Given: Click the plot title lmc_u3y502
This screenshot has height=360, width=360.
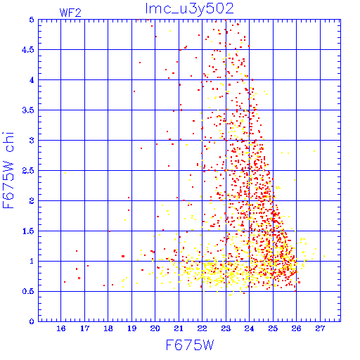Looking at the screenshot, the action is tap(189, 9).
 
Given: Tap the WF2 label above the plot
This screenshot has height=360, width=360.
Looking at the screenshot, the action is tap(70, 13).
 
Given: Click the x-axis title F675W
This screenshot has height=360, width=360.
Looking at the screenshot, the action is tap(190, 345).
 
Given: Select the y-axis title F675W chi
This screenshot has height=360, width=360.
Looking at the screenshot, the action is tap(8, 170).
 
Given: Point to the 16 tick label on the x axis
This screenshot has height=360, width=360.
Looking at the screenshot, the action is tap(61, 328).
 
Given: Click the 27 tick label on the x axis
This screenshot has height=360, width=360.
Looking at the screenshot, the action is tap(320, 328).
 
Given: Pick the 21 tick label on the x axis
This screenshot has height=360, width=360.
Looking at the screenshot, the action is tap(179, 328).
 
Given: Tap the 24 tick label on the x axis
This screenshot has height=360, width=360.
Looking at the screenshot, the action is tap(249, 328).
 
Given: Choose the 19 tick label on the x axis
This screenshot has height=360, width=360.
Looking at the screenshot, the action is tap(131, 328).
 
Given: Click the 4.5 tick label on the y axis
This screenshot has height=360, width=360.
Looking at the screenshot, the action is tap(28, 50).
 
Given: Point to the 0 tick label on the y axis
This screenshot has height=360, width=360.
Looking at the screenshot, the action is tap(32, 321).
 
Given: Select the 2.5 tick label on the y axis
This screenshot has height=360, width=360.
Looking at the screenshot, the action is tap(28, 171).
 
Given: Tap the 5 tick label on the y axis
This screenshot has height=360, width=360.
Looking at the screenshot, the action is tap(32, 20).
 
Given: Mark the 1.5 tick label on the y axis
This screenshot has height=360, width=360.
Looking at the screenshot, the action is tap(28, 231).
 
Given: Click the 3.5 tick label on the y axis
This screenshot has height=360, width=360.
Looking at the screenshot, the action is tap(28, 110).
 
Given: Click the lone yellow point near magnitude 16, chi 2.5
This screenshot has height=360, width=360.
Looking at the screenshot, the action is tap(65, 173).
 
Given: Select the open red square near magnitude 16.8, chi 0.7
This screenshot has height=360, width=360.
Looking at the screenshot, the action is tap(79, 278).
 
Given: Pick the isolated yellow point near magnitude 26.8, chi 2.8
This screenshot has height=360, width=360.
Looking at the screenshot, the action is tap(314, 151).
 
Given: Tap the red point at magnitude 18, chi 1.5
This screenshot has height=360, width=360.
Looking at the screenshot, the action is tap(110, 231).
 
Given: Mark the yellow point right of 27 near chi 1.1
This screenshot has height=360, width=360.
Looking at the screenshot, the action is tap(324, 257).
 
